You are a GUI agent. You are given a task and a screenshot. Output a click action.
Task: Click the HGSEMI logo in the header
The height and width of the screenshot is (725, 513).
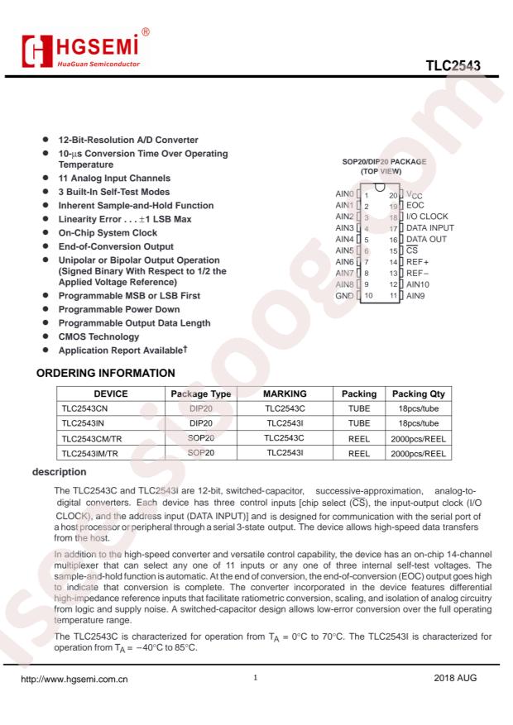[x=82, y=51]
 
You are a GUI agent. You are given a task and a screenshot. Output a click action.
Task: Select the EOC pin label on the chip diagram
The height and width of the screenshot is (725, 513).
[x=415, y=205]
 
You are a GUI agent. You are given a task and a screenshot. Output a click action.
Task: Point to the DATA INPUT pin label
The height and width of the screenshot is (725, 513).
[x=430, y=227]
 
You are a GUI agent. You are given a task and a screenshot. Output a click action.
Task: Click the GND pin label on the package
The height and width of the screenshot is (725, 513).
[x=344, y=295]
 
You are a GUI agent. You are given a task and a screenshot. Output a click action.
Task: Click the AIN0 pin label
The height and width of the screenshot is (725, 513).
[x=344, y=193]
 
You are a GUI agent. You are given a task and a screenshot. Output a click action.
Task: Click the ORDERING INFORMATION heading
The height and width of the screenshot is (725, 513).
[x=105, y=373]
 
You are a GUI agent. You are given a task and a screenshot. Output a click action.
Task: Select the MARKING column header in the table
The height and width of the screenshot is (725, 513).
[x=285, y=394]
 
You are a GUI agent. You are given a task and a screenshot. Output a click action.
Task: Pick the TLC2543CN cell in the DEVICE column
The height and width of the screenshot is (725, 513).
[x=89, y=409]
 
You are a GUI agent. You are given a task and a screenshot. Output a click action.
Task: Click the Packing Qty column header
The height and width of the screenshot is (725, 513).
[x=418, y=394]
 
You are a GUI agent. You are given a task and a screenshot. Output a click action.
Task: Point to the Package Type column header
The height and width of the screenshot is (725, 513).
[x=200, y=394]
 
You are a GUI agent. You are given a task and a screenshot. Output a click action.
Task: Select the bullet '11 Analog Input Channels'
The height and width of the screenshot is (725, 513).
[x=115, y=178]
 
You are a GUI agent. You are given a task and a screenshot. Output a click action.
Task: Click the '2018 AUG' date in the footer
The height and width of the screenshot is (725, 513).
[x=456, y=681]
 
